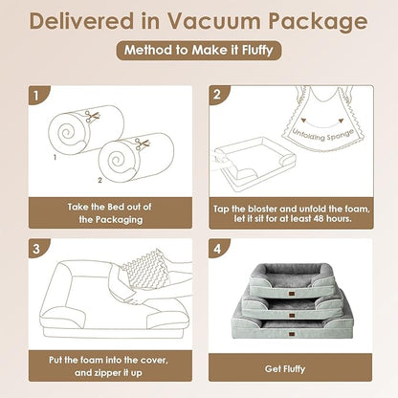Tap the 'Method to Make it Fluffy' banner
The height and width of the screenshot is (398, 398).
pyautogui.click(x=198, y=52)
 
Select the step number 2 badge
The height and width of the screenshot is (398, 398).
pyautogui.click(x=219, y=96)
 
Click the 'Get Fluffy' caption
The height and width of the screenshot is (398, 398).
pyautogui.click(x=287, y=367)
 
